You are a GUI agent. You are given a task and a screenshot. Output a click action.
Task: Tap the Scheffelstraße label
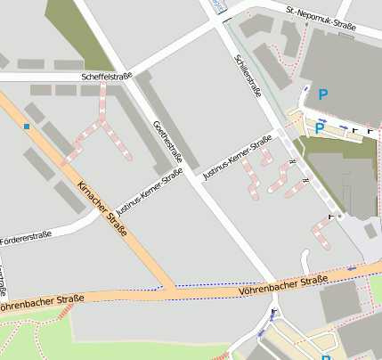point(106,78)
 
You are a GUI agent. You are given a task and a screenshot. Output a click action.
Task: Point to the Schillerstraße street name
point(248,73)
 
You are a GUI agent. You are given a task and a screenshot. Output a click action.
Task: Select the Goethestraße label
point(167,143)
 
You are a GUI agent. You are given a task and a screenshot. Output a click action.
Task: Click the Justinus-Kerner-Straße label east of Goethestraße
point(237,156)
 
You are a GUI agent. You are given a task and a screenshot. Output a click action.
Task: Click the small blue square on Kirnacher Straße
point(28,127)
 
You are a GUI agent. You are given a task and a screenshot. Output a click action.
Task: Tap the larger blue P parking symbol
point(323,94)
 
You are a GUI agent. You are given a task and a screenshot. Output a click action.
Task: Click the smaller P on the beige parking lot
point(319,128)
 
